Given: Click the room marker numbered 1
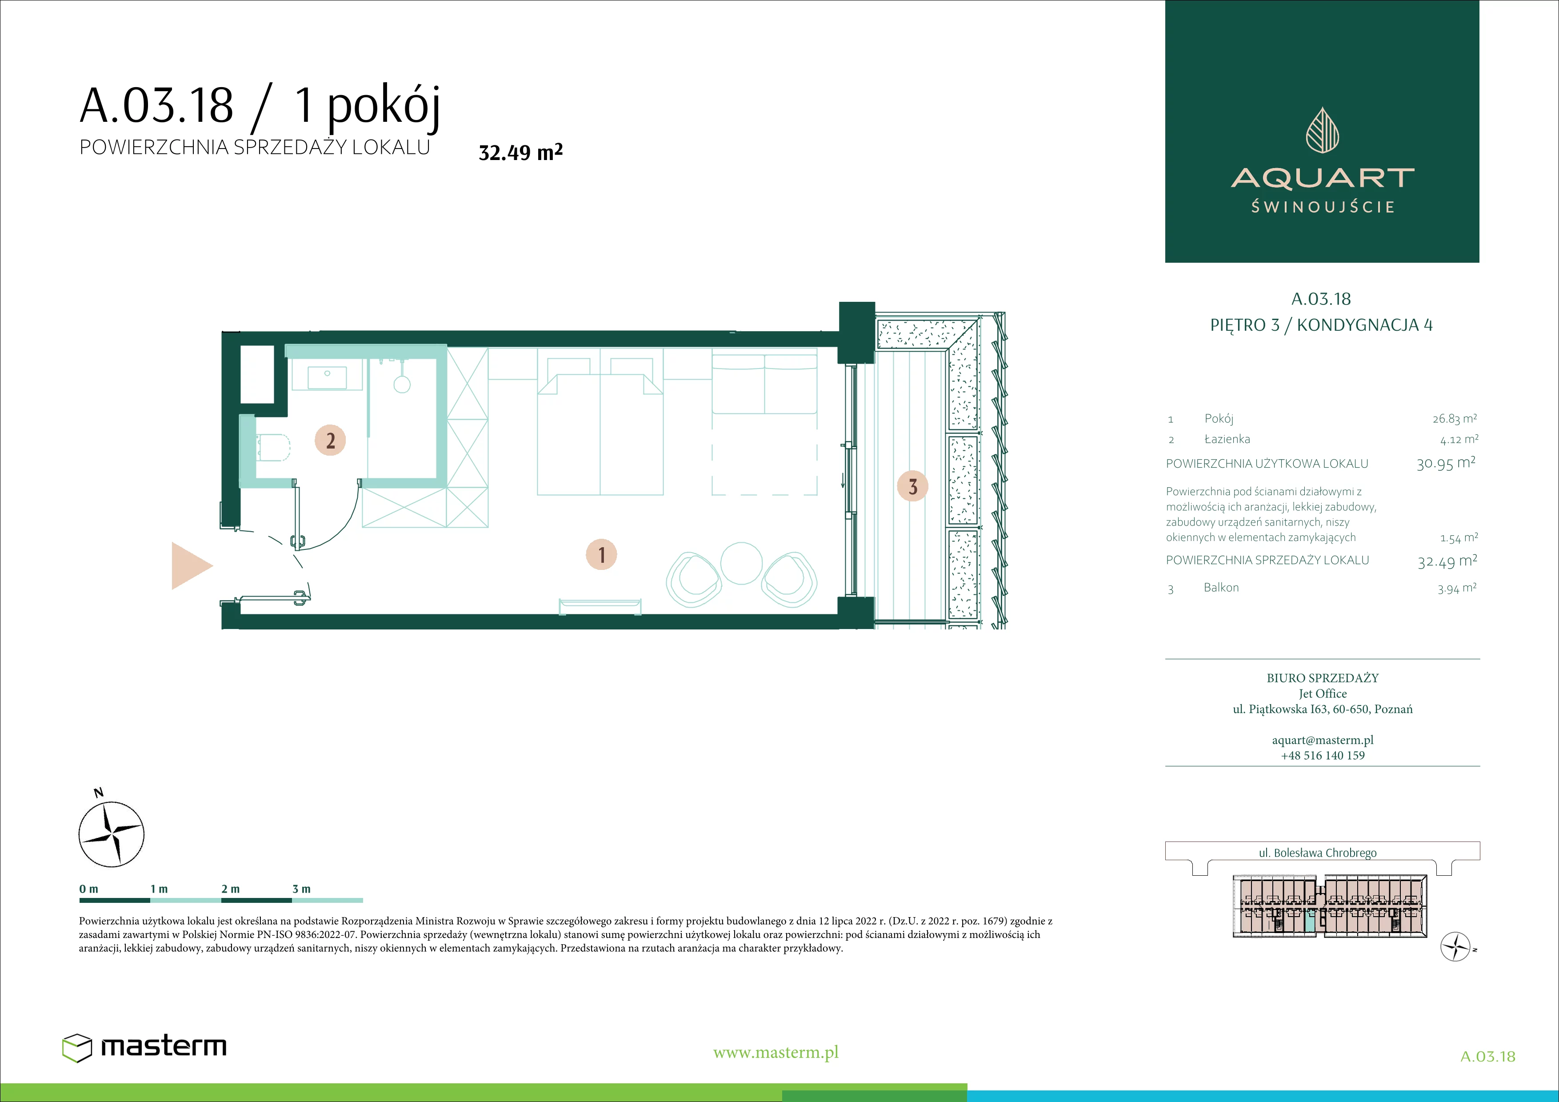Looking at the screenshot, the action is (601, 555).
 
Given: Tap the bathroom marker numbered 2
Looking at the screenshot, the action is (330, 440).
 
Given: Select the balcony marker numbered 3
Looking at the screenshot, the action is (912, 486).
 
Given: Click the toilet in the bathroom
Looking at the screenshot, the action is (274, 447).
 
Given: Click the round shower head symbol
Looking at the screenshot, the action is (402, 385).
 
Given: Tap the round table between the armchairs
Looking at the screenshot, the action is (741, 563).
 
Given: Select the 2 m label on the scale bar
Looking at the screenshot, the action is (230, 889).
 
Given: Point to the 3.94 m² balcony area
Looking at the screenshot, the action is (1456, 588).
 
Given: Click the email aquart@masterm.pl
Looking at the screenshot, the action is (1323, 740).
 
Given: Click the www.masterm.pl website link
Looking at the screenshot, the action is (776, 1053).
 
